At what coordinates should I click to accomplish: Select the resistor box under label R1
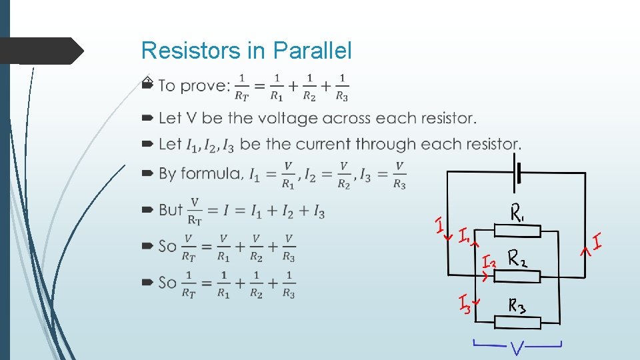pos(517,231)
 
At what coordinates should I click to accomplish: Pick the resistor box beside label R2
pos(517,274)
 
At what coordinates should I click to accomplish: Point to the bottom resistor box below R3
pos(517,322)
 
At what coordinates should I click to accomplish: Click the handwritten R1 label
pos(518,213)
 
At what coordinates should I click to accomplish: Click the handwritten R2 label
pos(522,257)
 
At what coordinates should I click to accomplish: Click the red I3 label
pos(464,305)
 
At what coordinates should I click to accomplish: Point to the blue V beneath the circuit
pos(518,348)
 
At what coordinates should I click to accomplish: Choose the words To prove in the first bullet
pos(193,85)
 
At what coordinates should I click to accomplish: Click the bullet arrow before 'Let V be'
pos(147,118)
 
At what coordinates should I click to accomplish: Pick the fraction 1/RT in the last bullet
pos(189,283)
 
